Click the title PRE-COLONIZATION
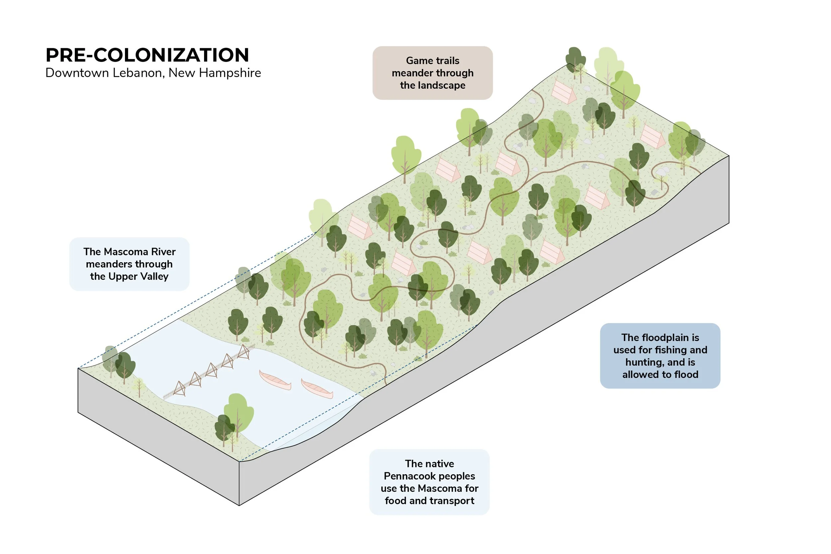pos(147,55)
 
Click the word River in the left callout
pos(163,252)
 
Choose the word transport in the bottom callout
pos(455,501)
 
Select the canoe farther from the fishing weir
pos(317,389)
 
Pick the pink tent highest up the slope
pos(563,91)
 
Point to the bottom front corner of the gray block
pos(239,505)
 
